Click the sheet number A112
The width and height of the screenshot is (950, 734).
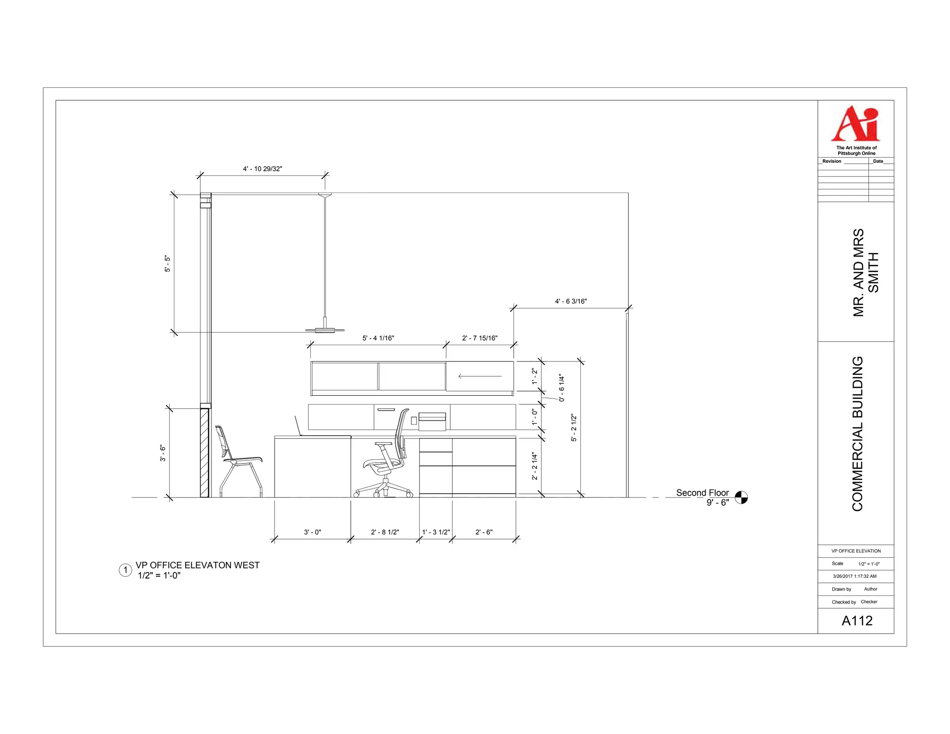tap(857, 621)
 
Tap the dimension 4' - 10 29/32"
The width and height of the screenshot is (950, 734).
tap(262, 169)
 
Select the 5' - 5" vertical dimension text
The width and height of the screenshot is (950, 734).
tap(167, 264)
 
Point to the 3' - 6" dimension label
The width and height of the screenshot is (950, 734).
tap(163, 453)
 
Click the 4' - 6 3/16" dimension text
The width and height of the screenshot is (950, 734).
tap(571, 302)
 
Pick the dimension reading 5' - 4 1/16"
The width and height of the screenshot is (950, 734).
tap(378, 338)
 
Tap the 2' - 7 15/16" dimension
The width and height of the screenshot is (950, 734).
tap(480, 338)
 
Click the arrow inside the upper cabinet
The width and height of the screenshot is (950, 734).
tap(480, 376)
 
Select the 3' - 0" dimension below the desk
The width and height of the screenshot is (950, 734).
tap(312, 532)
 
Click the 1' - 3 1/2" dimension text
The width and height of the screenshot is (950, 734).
tap(436, 532)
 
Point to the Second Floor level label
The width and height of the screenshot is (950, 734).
tap(702, 493)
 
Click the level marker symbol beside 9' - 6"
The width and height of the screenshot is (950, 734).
tap(741, 497)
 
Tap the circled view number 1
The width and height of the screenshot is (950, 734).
tap(125, 570)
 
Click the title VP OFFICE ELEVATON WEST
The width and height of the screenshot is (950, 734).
tap(198, 565)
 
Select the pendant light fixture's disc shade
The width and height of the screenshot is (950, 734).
tap(325, 330)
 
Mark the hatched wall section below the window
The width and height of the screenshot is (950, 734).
tap(204, 453)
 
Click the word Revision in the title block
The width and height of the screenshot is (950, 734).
tap(831, 161)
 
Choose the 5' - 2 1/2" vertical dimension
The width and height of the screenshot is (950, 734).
tap(574, 428)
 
